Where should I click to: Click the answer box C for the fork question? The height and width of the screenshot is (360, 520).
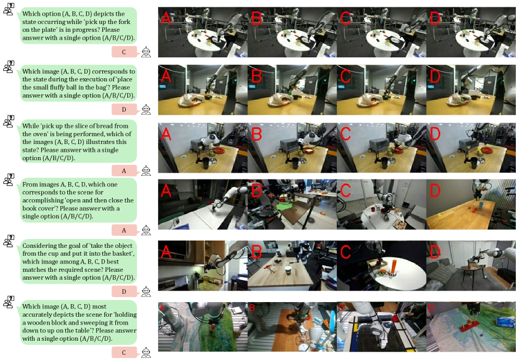tap(124, 52)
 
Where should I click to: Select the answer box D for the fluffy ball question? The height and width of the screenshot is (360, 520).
tap(124, 109)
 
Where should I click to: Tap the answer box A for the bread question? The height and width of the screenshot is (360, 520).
tap(124, 171)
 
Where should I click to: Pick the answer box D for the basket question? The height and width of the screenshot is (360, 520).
tap(124, 291)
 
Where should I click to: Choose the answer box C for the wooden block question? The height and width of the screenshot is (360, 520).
tap(124, 352)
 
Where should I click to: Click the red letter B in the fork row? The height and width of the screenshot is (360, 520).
tap(257, 18)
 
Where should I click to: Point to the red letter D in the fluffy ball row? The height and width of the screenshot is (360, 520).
tap(435, 76)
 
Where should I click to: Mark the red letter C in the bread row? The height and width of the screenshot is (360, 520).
tap(346, 134)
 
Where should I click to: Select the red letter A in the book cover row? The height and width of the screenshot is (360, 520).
tap(166, 190)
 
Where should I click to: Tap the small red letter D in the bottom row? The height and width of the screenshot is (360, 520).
tap(430, 308)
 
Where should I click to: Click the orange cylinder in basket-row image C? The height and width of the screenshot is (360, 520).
tap(394, 267)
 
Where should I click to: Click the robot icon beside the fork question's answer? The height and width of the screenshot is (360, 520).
tap(146, 52)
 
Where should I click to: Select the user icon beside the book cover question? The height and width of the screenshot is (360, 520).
tap(9, 179)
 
